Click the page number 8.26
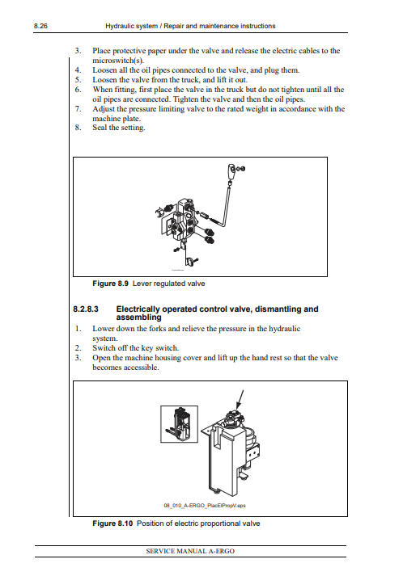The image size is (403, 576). coord(40,26)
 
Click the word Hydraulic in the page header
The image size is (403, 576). coord(118,26)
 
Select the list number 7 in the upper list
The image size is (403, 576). coord(78,109)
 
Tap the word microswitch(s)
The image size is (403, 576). coord(118,61)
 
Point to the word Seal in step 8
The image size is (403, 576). coord(100,128)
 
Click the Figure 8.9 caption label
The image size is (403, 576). coord(110,284)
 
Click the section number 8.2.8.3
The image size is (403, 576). coord(86,309)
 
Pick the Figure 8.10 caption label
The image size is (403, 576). coord(112,523)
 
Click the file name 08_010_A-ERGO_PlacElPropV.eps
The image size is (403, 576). coord(205,506)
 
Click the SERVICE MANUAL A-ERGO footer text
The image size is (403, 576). coord(190,551)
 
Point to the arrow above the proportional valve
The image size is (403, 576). coord(240,399)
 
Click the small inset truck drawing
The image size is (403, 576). coord(179,424)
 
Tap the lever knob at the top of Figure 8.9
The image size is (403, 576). coord(231,171)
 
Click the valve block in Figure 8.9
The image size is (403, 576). coord(183,218)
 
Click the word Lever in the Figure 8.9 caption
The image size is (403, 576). coord(141,284)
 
